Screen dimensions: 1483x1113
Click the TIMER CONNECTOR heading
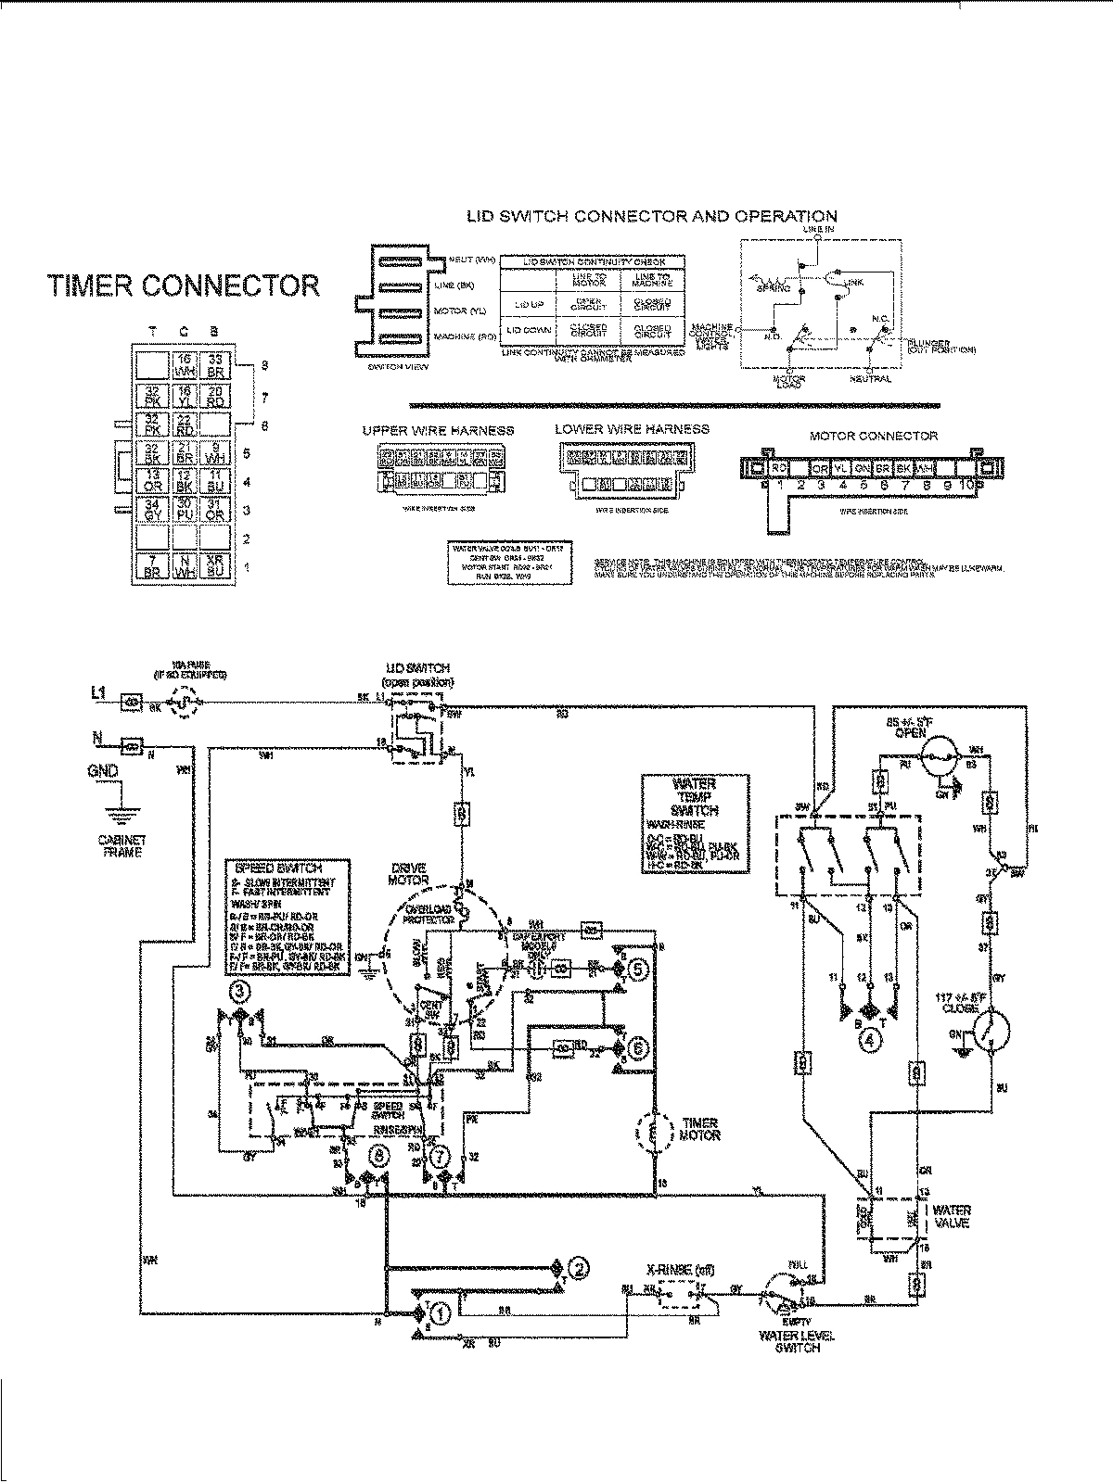click(x=184, y=285)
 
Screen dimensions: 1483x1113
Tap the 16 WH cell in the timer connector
click(x=184, y=364)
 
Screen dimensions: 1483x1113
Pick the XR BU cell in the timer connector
click(x=214, y=565)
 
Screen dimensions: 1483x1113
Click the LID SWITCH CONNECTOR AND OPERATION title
click(x=652, y=217)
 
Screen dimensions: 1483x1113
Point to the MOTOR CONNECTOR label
click(x=873, y=436)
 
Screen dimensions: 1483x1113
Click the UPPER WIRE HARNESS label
click(x=438, y=430)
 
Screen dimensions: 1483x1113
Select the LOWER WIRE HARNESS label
click(x=632, y=429)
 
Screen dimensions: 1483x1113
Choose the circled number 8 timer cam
click(x=378, y=1155)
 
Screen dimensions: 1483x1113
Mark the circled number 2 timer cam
click(x=577, y=1269)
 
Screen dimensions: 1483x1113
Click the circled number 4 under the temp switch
click(x=870, y=1040)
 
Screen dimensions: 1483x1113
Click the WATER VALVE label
click(x=953, y=1216)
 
